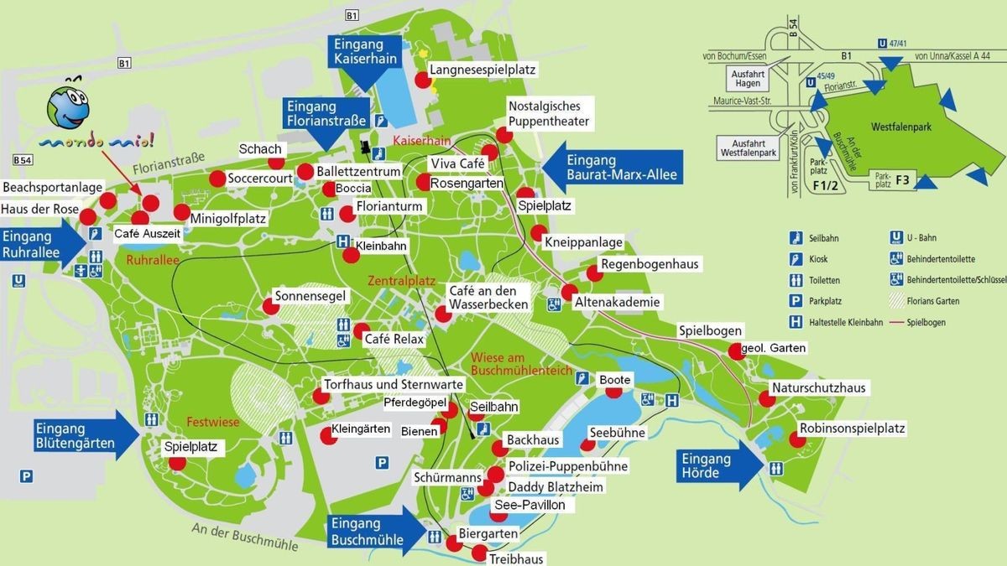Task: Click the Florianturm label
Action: (389, 206)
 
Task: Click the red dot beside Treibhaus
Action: (479, 553)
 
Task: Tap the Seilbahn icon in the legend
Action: (796, 238)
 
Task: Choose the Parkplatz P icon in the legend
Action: (796, 301)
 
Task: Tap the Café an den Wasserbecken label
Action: (488, 296)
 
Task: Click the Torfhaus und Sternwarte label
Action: (394, 384)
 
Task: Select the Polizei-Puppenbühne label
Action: (567, 466)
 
